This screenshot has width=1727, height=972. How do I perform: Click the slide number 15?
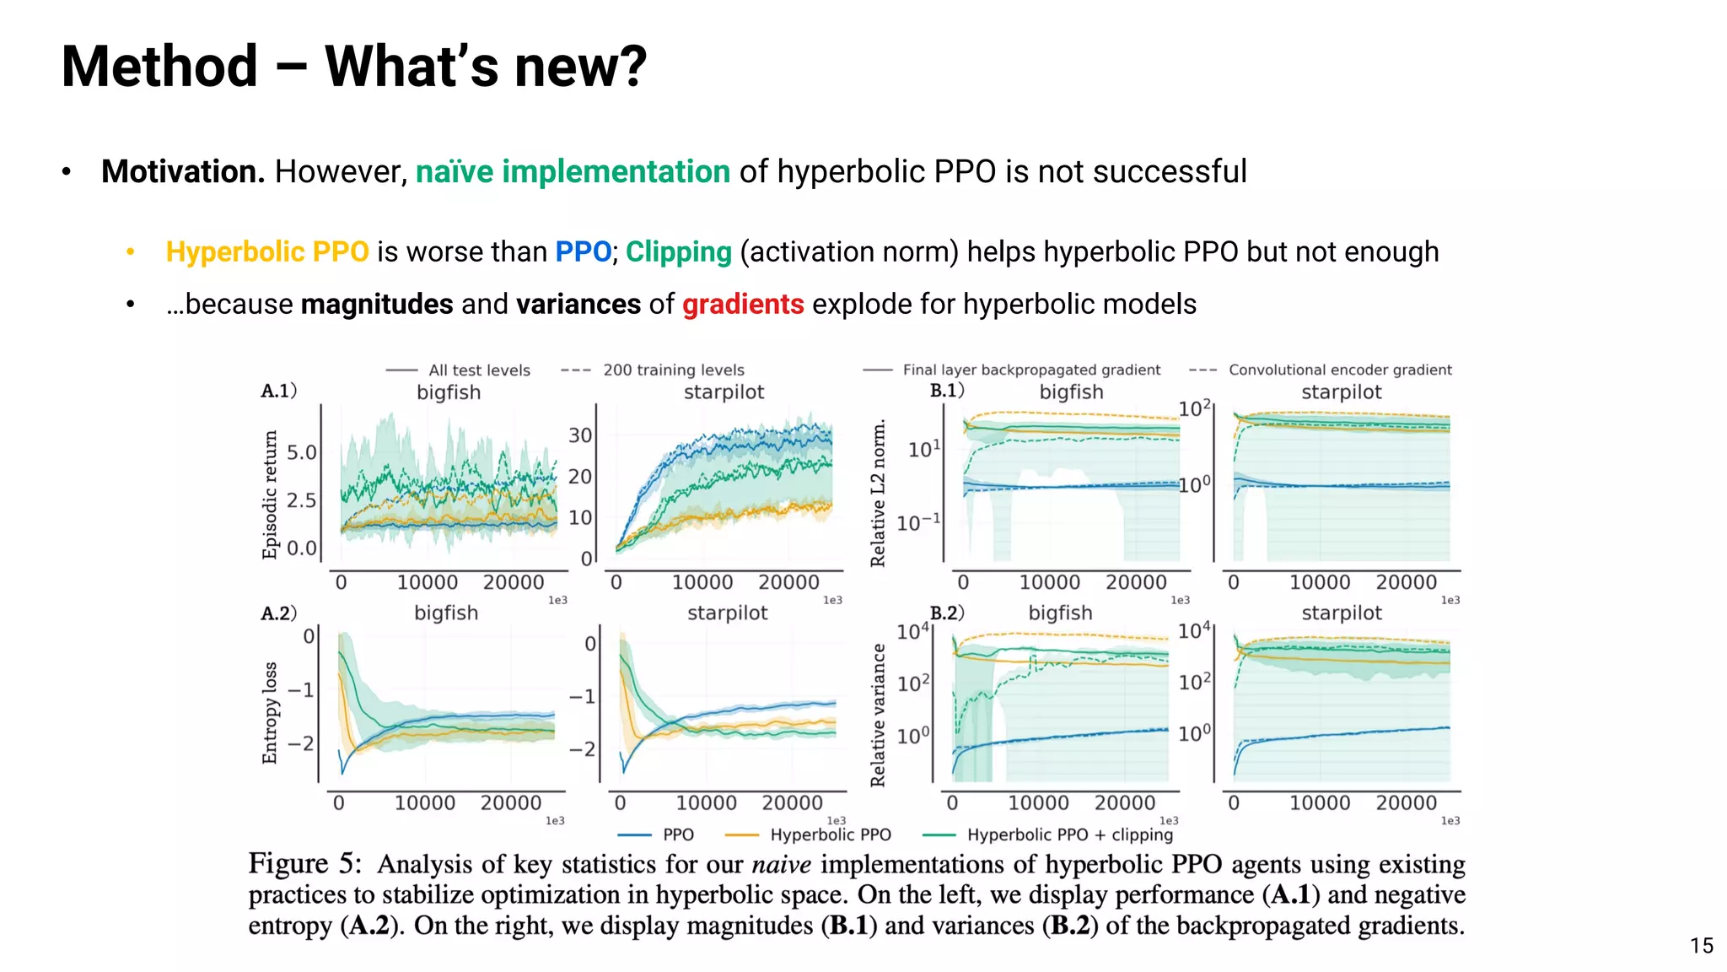(1701, 946)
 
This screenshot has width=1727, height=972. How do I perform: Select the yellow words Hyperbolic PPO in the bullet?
(267, 251)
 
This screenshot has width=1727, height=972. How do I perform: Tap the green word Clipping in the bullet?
(678, 251)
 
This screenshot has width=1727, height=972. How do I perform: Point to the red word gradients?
(743, 304)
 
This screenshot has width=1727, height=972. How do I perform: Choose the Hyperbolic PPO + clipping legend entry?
(1068, 834)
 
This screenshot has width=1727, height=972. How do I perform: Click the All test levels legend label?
(478, 370)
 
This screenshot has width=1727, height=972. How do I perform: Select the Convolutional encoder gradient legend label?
(1339, 370)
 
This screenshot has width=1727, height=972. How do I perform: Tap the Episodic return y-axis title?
(270, 494)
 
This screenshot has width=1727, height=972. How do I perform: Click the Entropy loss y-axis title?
(270, 713)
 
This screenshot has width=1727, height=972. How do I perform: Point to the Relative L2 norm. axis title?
(878, 494)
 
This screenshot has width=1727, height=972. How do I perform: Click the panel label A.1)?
(278, 391)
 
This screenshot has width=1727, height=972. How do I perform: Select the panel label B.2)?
(946, 613)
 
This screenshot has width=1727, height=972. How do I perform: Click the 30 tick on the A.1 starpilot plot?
(580, 435)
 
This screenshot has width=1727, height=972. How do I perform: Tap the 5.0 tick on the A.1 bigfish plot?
(301, 452)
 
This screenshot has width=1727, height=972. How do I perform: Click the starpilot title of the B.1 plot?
(1341, 391)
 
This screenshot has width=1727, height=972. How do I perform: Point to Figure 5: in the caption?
(304, 864)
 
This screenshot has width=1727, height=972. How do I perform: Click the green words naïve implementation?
(573, 171)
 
